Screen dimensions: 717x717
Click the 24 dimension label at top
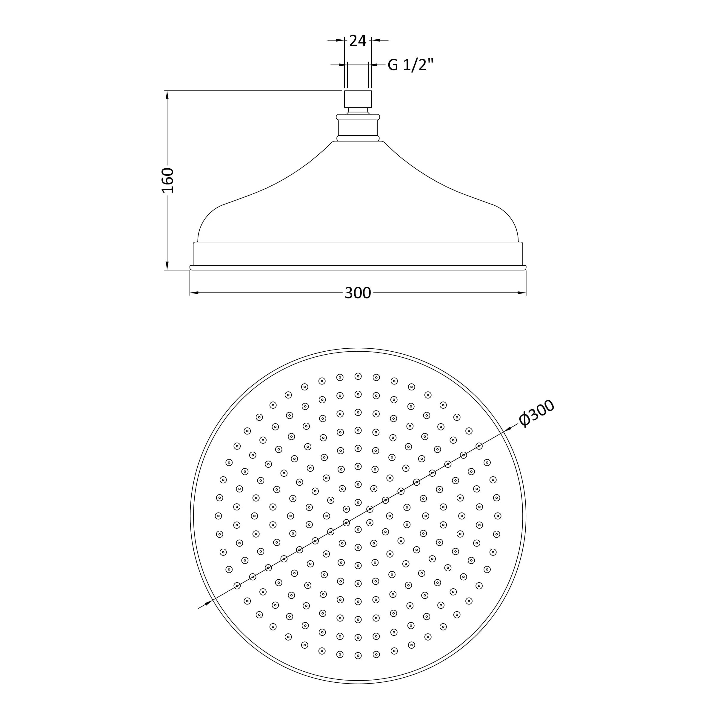(x=358, y=41)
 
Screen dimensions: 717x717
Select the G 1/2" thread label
(x=410, y=65)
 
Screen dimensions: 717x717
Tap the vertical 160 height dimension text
(x=168, y=180)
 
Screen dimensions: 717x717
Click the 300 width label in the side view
(x=358, y=293)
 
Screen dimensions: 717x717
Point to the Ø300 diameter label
(x=537, y=413)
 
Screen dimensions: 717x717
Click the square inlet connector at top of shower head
(x=358, y=99)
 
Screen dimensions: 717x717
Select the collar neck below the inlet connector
(x=358, y=128)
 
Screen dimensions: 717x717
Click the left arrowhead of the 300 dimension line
(x=194, y=293)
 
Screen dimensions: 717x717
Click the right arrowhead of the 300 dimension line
(x=522, y=293)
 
